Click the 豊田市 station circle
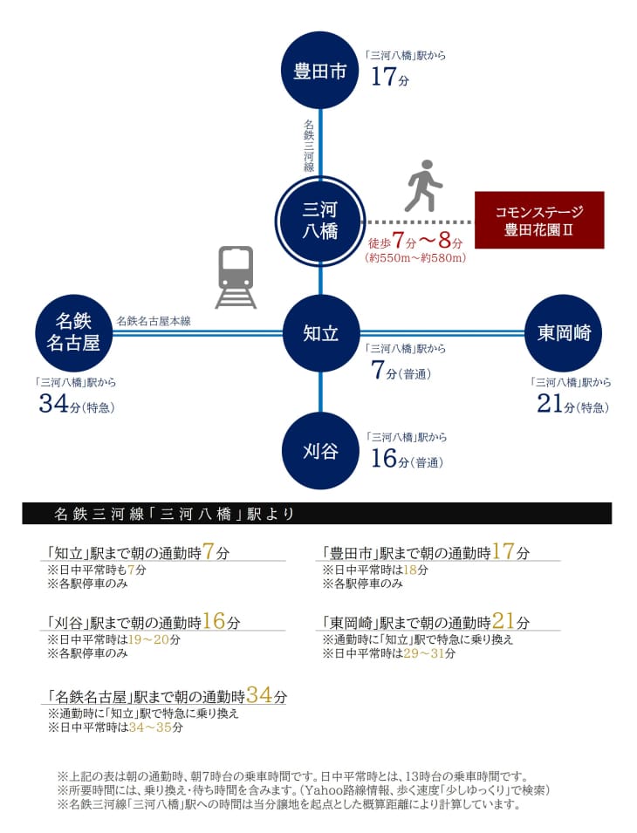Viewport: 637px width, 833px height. [320, 70]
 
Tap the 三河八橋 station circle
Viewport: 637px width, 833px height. [320, 220]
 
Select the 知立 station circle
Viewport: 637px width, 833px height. [320, 333]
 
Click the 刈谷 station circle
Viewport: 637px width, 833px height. [320, 450]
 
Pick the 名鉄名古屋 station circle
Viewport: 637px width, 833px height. [73, 333]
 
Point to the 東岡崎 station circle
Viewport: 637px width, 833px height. [563, 333]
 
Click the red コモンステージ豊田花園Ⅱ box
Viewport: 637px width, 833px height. [539, 220]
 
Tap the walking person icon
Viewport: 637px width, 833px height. [423, 186]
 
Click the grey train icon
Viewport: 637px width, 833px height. [236, 277]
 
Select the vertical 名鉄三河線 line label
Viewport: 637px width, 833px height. [309, 145]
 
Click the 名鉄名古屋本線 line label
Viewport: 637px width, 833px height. [154, 321]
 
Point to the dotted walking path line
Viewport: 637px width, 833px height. [417, 222]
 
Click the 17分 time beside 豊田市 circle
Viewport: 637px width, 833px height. [390, 77]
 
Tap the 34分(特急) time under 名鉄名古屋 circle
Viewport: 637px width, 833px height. [77, 404]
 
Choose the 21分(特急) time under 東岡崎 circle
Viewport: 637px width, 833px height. [572, 404]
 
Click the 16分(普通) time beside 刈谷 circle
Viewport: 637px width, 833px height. [407, 459]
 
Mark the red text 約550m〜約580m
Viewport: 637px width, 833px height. [415, 258]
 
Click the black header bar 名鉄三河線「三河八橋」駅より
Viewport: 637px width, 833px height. [317, 514]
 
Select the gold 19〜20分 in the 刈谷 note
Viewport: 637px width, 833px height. [154, 639]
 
